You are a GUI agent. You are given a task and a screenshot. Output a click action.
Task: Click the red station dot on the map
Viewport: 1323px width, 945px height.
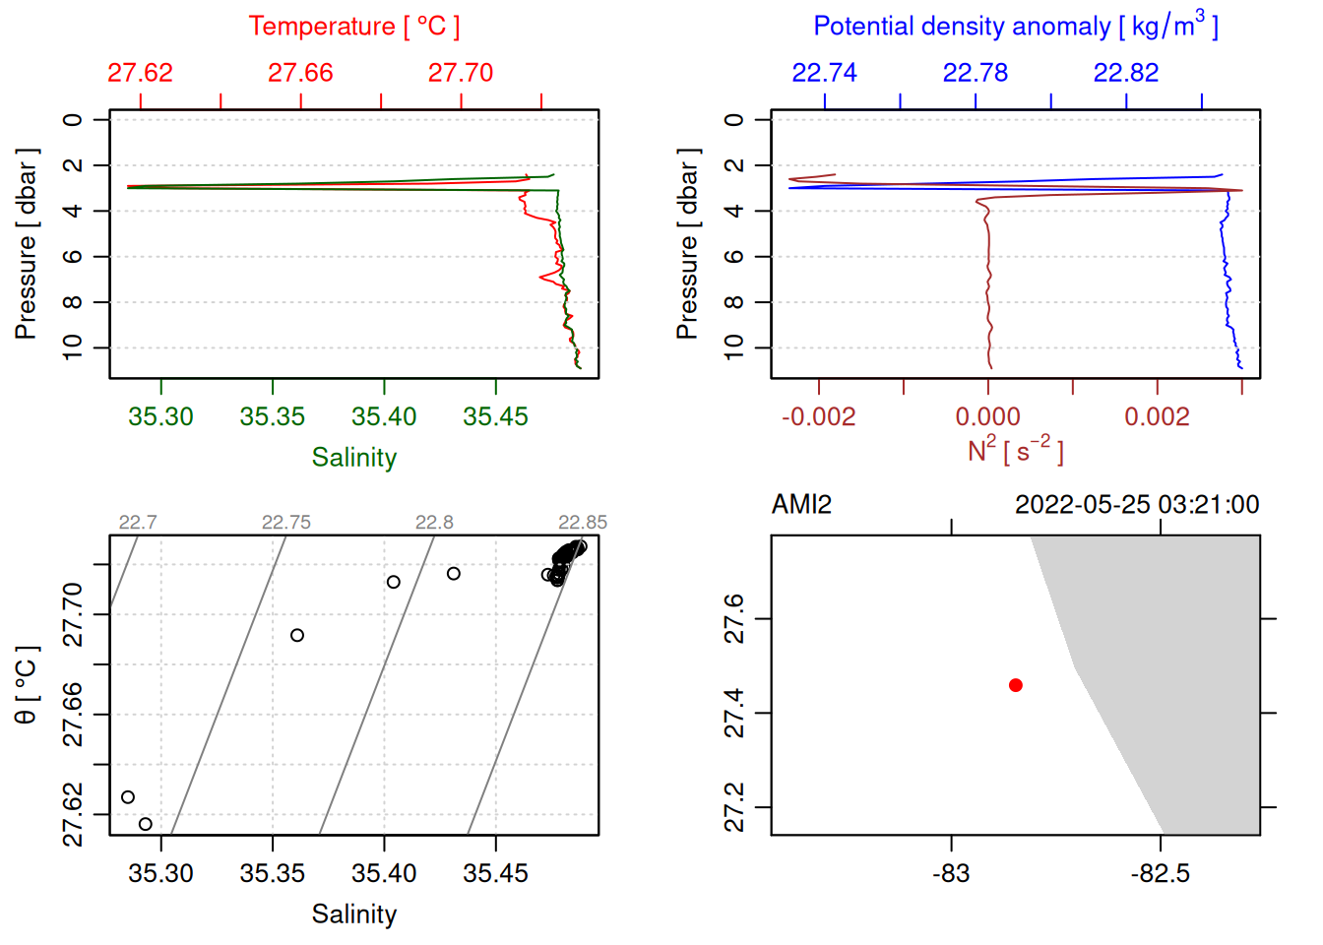[x=1015, y=685]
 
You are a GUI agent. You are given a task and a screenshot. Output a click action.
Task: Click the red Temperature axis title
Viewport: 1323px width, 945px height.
[x=353, y=27]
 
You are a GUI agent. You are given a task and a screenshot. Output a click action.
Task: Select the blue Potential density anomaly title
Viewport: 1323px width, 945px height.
[x=1015, y=26]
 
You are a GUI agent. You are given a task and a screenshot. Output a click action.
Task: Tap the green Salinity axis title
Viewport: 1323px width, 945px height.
[x=353, y=458]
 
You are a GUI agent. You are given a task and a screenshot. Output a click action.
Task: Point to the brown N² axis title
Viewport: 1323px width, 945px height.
[x=1015, y=450]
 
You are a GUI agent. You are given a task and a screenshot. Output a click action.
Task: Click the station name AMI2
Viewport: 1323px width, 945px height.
[x=801, y=505]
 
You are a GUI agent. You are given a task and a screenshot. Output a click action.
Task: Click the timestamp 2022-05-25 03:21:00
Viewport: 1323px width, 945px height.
[x=1136, y=505]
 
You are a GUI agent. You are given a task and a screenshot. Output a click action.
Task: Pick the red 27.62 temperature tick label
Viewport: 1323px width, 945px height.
[x=140, y=73]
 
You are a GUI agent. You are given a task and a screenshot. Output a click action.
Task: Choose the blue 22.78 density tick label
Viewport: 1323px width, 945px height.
[x=975, y=73]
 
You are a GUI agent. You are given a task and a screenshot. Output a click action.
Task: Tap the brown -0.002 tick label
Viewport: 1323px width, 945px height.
[x=818, y=416]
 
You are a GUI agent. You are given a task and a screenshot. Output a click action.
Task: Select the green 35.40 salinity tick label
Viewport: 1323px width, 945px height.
[x=384, y=416]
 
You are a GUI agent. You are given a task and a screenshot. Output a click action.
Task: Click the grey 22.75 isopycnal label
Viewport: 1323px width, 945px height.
[x=285, y=522]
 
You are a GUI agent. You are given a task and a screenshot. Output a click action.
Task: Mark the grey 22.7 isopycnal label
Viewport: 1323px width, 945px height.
[x=138, y=522]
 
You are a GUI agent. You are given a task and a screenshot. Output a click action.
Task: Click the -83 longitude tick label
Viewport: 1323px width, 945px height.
[x=951, y=873]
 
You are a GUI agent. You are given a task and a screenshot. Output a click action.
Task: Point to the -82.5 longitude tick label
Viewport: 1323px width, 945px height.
[x=1161, y=873]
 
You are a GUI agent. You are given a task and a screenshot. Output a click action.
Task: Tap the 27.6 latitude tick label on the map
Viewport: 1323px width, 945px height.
[x=734, y=618]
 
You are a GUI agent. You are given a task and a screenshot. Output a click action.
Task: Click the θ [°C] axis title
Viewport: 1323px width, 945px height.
[x=27, y=685]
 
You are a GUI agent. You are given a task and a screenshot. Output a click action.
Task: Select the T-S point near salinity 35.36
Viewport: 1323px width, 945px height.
[x=297, y=635]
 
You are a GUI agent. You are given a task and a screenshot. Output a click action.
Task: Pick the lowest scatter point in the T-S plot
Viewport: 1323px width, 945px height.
[x=146, y=824]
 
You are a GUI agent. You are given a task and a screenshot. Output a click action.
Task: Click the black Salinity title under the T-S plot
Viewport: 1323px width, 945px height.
[x=353, y=914]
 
